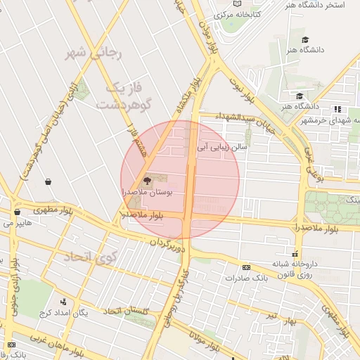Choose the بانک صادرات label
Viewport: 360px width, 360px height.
(x=247, y=277)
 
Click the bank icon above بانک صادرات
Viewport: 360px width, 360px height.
(x=246, y=267)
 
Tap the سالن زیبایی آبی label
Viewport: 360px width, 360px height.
(x=221, y=148)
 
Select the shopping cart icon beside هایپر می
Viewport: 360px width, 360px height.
(x=16, y=212)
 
